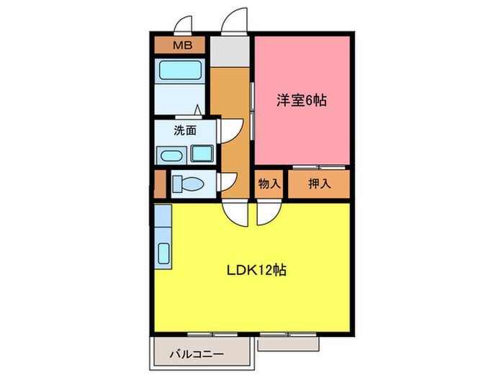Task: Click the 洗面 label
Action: click(185, 131)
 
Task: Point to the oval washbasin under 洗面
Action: click(171, 155)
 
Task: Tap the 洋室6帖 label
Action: click(302, 101)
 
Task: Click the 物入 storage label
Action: click(269, 184)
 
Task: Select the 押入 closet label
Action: click(319, 184)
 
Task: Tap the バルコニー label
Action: click(197, 354)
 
